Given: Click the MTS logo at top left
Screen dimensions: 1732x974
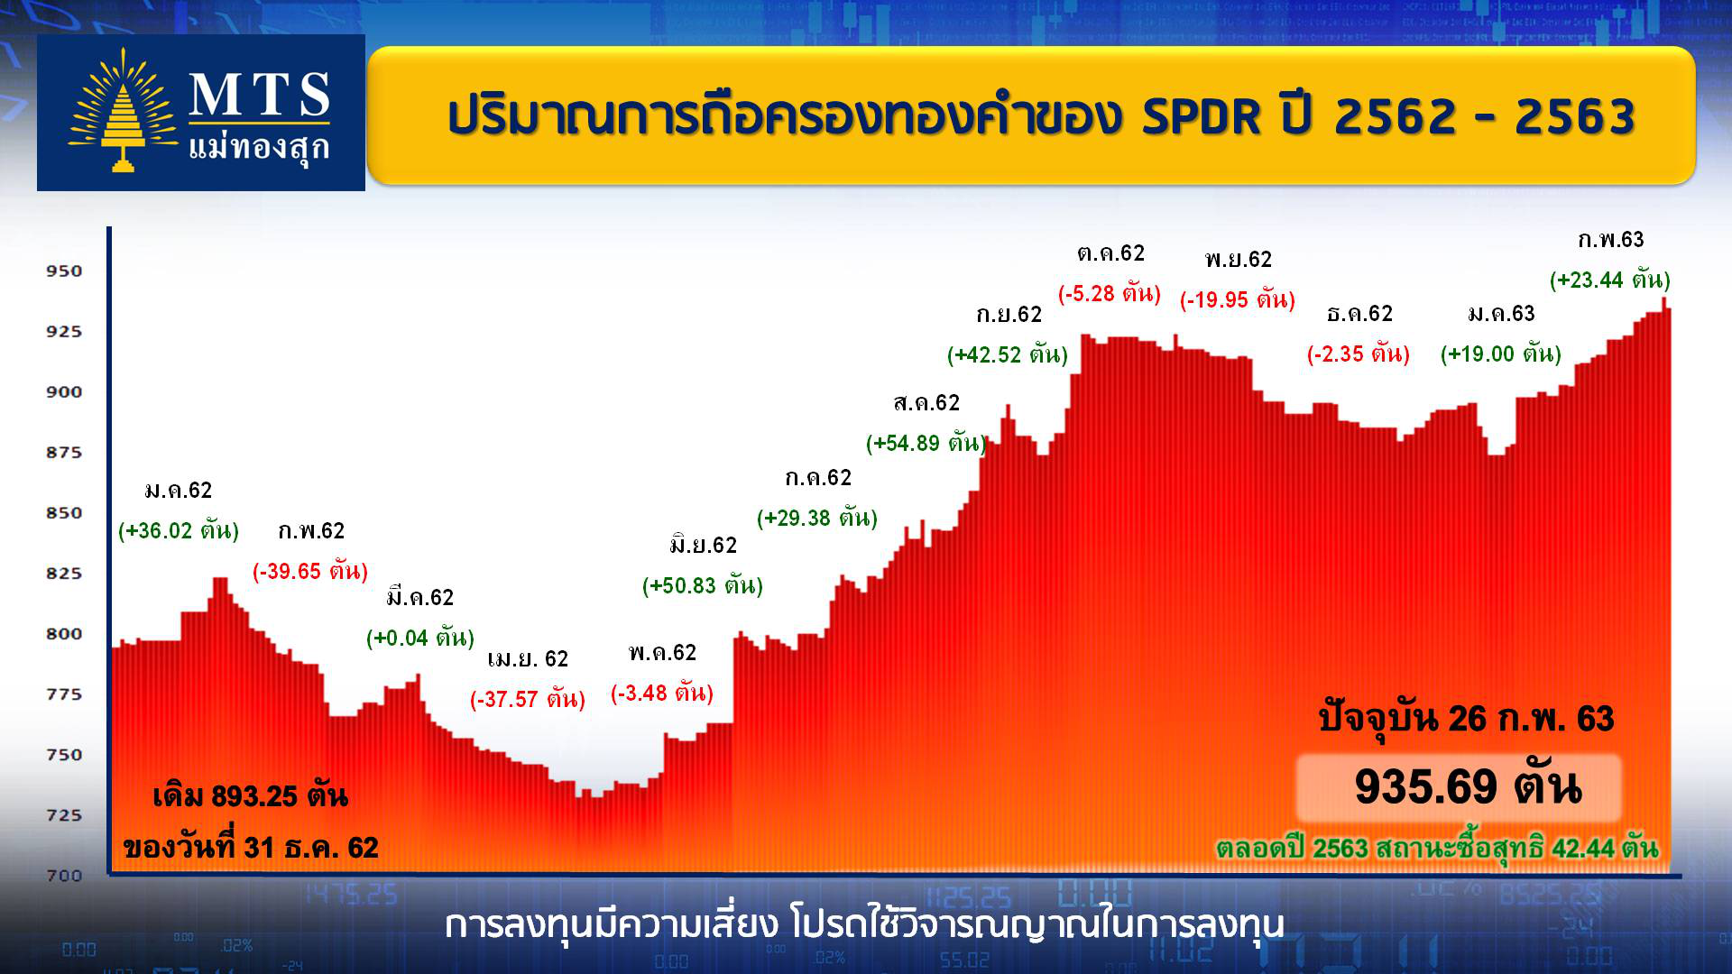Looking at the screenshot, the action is point(200,113).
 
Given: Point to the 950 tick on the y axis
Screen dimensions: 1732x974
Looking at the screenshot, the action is point(64,271).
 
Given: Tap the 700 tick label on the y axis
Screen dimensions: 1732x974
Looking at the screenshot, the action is point(64,875).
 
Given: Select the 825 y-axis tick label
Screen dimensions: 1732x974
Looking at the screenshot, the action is point(64,573).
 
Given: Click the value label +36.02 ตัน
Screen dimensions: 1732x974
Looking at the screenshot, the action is point(179,530).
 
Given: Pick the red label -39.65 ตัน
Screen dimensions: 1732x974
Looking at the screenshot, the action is point(310,571).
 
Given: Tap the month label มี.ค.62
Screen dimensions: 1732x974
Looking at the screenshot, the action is point(419,597).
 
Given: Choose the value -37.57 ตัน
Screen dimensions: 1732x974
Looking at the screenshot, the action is point(528,699).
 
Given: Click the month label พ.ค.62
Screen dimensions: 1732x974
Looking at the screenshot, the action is point(662,652).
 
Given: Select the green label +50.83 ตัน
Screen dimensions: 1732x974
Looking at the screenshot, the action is point(703,585).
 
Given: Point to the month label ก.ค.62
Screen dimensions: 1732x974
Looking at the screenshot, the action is point(817,477).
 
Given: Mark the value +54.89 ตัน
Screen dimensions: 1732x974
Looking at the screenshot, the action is point(926,443).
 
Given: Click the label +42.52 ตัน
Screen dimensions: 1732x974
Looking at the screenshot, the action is point(1008,354).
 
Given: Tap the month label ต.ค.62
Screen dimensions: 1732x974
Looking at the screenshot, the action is point(1110,253).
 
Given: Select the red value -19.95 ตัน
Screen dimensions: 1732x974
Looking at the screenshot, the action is point(1238,299).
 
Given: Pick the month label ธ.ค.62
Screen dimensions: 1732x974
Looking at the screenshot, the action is point(1359,313).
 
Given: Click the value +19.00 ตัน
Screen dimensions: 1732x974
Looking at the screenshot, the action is point(1501,354).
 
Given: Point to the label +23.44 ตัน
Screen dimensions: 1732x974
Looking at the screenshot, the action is point(1610,280).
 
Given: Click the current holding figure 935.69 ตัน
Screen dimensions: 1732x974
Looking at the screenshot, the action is point(1468,786).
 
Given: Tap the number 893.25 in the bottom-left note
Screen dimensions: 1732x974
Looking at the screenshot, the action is point(254,796).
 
